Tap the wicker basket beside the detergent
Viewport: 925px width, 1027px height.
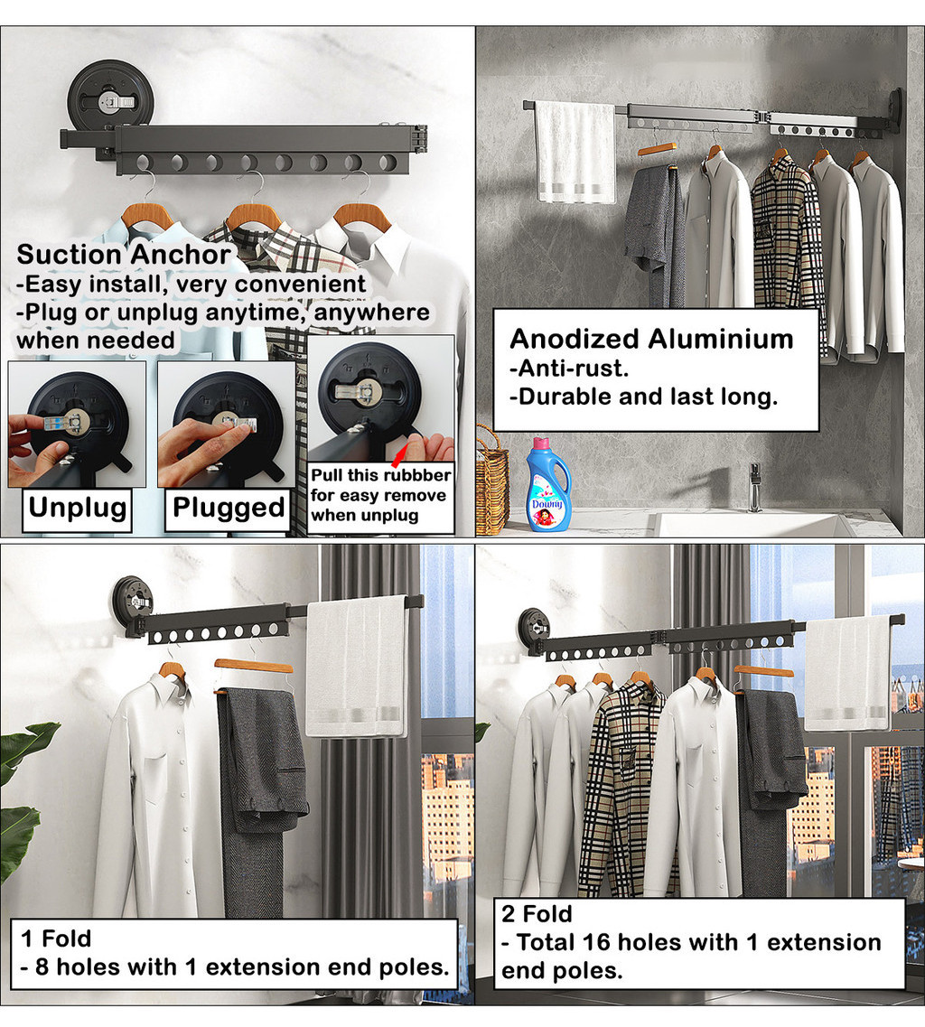(492, 480)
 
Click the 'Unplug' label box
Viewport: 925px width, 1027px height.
(78, 508)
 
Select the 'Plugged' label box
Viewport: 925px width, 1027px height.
(229, 509)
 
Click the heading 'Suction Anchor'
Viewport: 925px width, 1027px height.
(124, 255)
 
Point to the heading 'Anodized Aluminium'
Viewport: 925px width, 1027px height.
(651, 339)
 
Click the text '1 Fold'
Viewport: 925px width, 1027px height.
(57, 938)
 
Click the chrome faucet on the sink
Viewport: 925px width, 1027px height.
(754, 488)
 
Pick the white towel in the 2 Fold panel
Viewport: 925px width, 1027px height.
(846, 672)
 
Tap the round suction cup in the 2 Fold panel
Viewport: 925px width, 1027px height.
(532, 626)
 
